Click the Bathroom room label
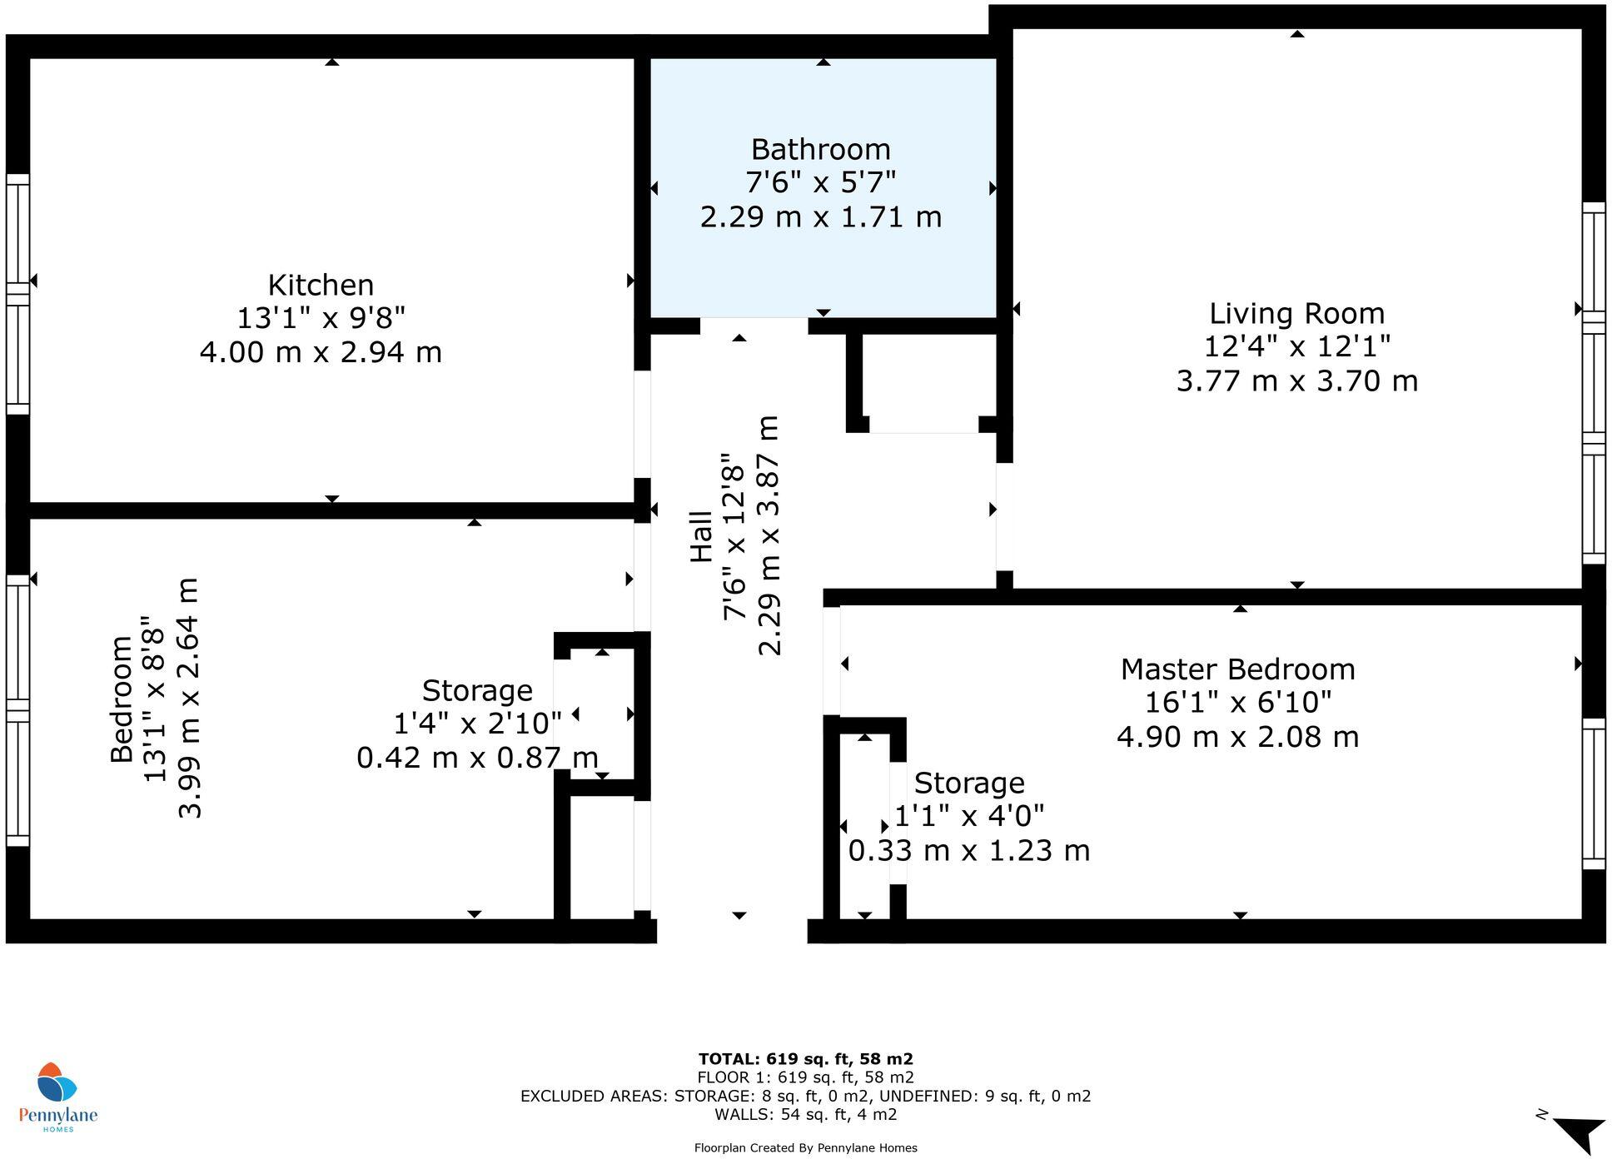pos(820,150)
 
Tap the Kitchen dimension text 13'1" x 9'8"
pos(321,318)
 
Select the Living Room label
pos(1296,314)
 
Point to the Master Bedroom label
pos(1237,669)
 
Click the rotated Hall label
pos(702,537)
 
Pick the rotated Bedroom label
pos(122,699)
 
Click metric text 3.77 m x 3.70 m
pos(1296,381)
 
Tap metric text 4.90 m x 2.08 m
pos(1237,737)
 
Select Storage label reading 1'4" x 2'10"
pos(477,723)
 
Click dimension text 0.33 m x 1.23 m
pos(968,851)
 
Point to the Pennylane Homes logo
pos(57,1097)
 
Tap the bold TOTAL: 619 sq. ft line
pos(805,1059)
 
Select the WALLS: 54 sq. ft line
pos(805,1114)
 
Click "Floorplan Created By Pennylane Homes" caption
pos(805,1148)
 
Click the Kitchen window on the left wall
pos(17,294)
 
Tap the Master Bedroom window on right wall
pos(1593,793)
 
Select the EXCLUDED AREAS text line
pos(805,1096)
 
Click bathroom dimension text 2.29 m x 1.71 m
pos(820,217)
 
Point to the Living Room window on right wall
pos(1593,383)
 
